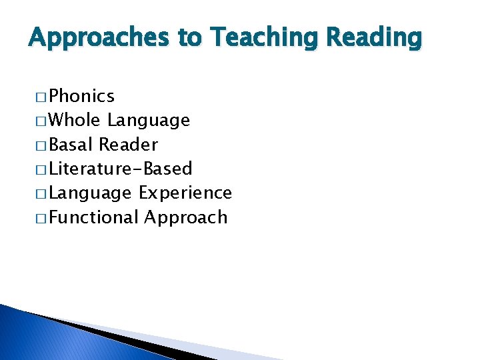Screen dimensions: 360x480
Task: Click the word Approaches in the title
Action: coord(99,39)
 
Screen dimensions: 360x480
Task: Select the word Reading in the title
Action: coord(373,39)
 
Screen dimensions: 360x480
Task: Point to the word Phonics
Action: coord(82,97)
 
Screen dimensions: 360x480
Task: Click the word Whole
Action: coord(75,121)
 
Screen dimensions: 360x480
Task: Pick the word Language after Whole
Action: coord(149,121)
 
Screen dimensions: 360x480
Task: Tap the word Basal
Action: coord(71,145)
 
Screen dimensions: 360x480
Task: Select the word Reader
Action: coord(128,145)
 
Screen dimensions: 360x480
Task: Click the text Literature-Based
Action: coord(121,169)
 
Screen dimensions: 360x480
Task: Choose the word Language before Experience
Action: coord(90,193)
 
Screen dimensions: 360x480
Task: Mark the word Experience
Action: coord(185,193)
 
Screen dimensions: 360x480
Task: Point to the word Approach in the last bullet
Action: coord(185,217)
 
